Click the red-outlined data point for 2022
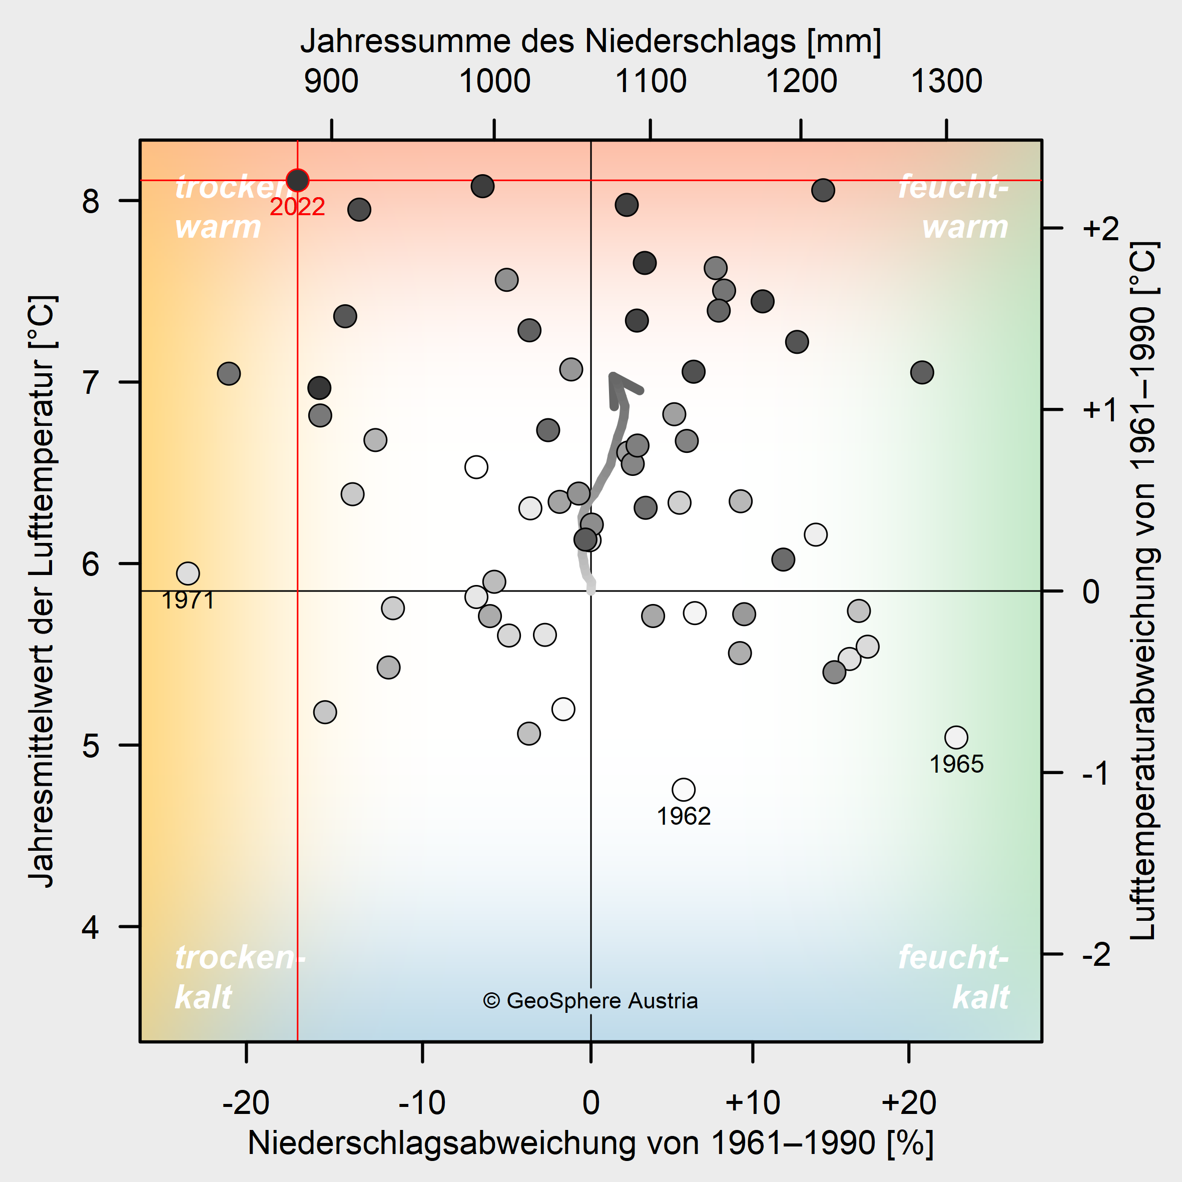(x=297, y=181)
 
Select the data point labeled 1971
(x=188, y=573)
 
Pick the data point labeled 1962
(x=684, y=790)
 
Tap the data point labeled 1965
(x=956, y=737)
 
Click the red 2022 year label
(x=297, y=207)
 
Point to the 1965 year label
(x=956, y=764)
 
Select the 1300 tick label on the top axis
(x=946, y=82)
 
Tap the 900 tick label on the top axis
(x=331, y=82)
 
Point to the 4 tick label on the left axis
(x=90, y=927)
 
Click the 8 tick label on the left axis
(x=90, y=201)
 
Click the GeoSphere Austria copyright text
(x=590, y=1000)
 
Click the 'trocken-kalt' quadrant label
(x=239, y=977)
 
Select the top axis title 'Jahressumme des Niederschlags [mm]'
(x=590, y=42)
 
